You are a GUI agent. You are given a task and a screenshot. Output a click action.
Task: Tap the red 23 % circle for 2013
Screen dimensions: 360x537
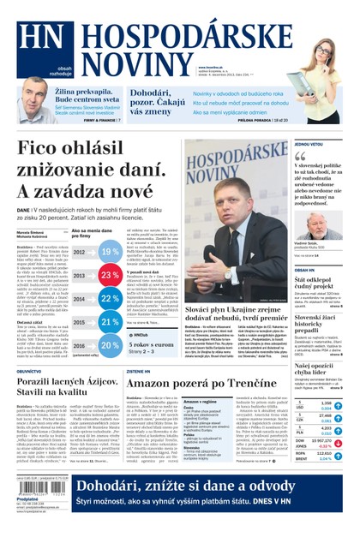pos(110,277)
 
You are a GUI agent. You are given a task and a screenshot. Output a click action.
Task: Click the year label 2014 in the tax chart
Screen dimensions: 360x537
pos(79,300)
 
